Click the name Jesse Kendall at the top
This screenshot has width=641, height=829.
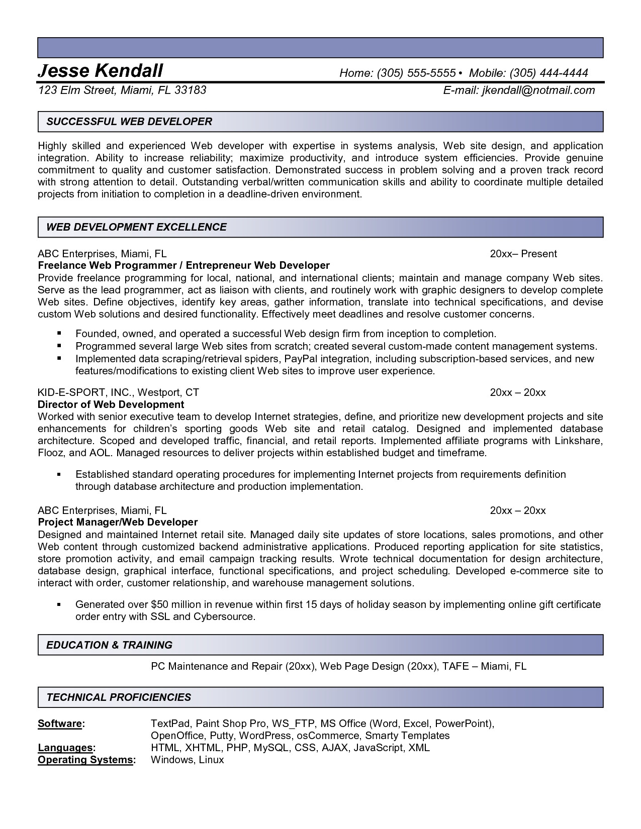pos(101,71)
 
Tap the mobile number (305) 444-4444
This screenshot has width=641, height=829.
pos(548,73)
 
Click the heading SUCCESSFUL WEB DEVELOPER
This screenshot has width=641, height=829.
pos(129,122)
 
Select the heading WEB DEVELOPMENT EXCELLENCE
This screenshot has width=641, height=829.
pos(136,227)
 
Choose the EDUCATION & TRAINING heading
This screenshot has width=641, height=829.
pos(109,645)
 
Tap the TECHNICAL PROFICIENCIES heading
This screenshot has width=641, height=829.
pos(119,697)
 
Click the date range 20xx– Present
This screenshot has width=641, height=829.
pos(523,254)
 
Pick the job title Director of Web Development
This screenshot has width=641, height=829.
pos(111,404)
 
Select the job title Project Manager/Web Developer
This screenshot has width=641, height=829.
pos(118,523)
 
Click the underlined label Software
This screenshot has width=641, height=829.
pos(60,724)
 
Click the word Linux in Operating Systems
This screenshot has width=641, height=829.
pos(211,760)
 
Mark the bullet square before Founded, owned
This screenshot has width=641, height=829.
pos(59,333)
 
